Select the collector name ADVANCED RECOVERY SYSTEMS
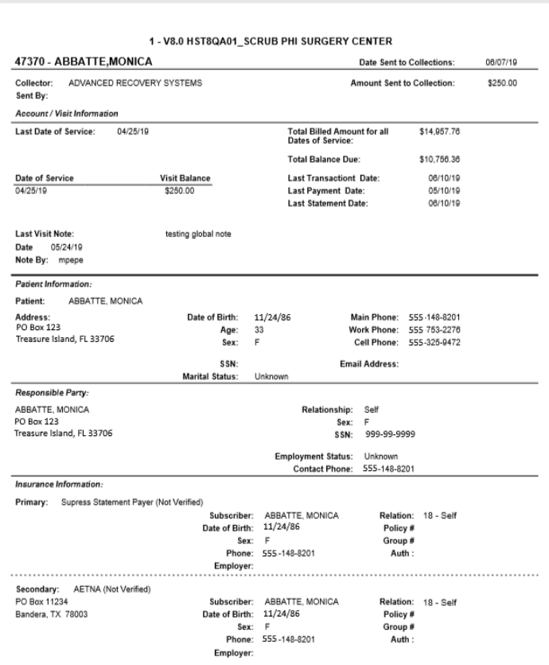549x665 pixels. [x=135, y=83]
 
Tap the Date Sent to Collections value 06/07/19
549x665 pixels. [x=504, y=62]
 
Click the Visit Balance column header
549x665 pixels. [x=185, y=178]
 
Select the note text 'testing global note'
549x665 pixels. [x=197, y=234]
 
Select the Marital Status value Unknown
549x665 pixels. [x=271, y=378]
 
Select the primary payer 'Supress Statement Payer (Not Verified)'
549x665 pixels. [x=132, y=503]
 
